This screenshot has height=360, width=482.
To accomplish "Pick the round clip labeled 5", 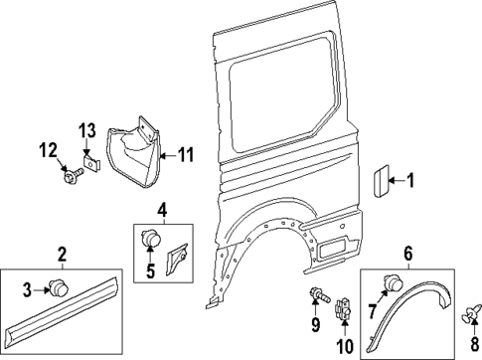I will [x=152, y=239].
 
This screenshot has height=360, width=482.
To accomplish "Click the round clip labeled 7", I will [x=396, y=286].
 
